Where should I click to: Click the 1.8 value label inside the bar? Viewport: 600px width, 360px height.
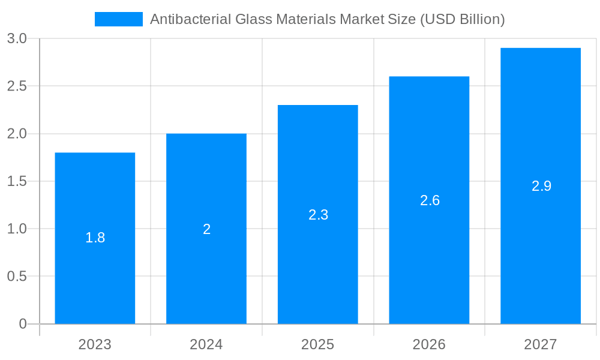pos(95,238)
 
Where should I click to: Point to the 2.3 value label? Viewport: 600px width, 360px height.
pos(318,215)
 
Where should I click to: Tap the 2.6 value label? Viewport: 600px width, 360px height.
pos(430,200)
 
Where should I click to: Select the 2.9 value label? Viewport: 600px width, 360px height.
pos(541,186)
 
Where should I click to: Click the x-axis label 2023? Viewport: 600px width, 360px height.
pos(95,344)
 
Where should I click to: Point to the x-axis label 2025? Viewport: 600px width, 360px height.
pos(318,344)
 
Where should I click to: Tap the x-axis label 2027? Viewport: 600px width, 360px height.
pos(541,344)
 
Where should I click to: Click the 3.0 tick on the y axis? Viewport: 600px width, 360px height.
pos(17,39)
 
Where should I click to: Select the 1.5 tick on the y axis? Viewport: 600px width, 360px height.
pos(17,181)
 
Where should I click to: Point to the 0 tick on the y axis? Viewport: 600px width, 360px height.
pos(23,324)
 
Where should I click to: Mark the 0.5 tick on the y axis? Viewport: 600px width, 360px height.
pos(17,277)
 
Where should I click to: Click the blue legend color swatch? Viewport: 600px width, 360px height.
pos(119,19)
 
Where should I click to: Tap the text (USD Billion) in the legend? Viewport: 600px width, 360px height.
pos(462,19)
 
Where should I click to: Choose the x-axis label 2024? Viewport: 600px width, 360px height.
pos(206,344)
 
